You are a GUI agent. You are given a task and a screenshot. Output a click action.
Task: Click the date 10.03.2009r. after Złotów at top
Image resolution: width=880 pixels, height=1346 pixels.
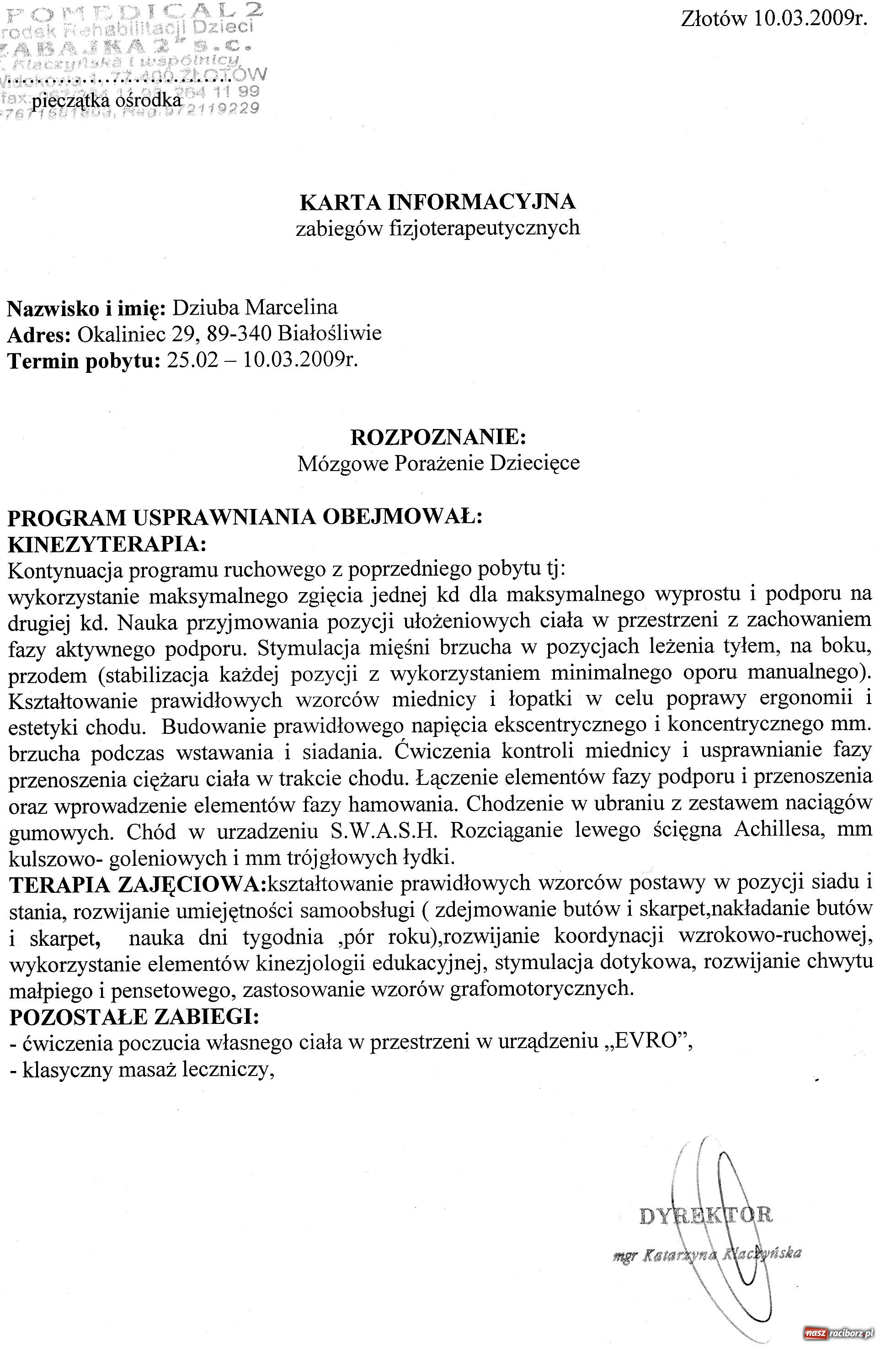tap(810, 19)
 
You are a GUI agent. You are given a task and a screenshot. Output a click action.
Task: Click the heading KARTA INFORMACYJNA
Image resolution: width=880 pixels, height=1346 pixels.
tap(437, 201)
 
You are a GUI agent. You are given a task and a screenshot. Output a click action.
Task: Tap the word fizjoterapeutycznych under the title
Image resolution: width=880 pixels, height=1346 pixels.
tap(485, 228)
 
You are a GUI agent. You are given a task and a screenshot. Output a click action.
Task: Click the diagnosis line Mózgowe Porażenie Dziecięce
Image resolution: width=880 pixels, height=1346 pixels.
tap(438, 463)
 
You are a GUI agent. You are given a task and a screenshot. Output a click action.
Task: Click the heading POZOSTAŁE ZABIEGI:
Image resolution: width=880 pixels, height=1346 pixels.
tap(134, 1017)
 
